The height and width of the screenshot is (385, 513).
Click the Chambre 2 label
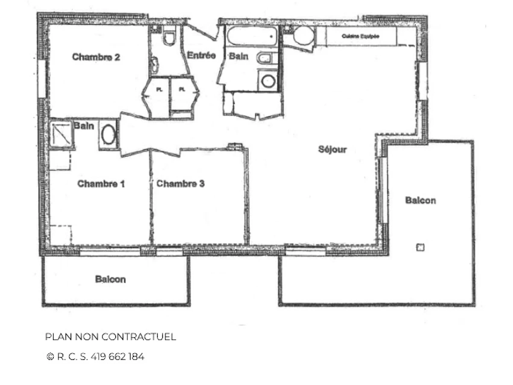click(x=96, y=57)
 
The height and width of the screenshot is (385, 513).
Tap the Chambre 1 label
click(x=101, y=184)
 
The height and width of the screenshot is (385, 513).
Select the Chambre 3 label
click(x=180, y=184)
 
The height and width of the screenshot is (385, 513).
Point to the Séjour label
click(x=332, y=150)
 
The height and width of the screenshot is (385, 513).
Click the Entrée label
click(x=201, y=56)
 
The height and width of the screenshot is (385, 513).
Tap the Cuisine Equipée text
click(x=360, y=36)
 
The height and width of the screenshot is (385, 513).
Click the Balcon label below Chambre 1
click(x=110, y=279)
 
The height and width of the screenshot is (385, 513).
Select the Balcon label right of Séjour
click(x=421, y=200)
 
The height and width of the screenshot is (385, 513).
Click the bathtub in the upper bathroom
click(x=252, y=36)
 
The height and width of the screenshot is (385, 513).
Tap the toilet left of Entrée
click(x=169, y=37)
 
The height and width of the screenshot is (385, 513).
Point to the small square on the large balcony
click(x=420, y=247)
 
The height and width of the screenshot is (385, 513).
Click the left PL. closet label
click(x=159, y=90)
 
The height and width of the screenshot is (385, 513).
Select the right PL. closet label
click(x=182, y=90)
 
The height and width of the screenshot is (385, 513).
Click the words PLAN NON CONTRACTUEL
click(x=110, y=337)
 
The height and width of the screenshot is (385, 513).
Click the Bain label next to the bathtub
click(x=238, y=56)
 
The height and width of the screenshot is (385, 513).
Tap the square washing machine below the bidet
click(x=268, y=81)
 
